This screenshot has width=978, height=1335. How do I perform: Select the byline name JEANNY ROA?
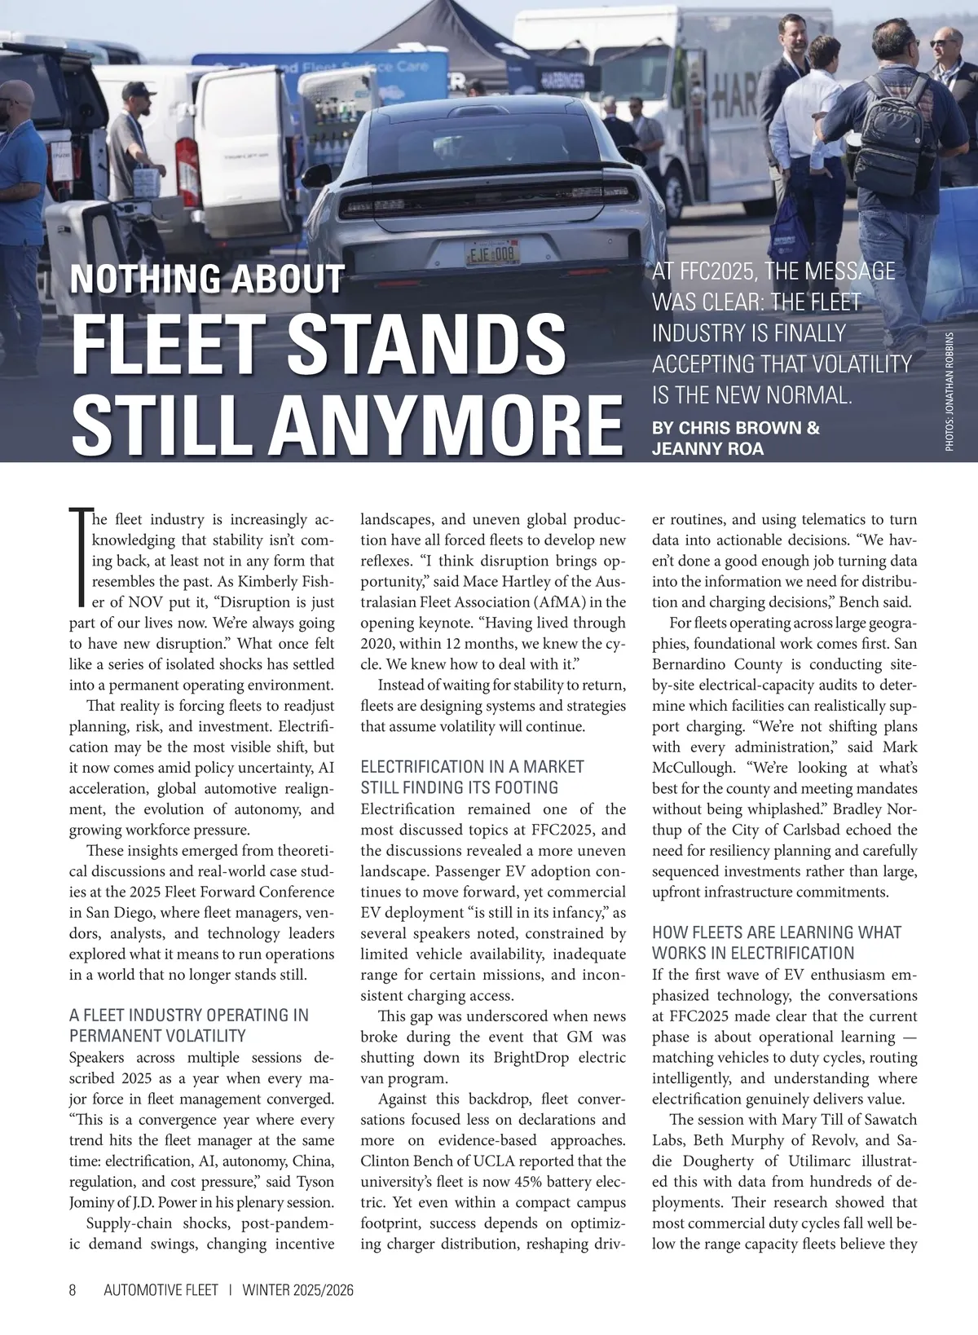(x=707, y=448)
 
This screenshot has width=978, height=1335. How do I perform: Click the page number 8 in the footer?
(x=73, y=1290)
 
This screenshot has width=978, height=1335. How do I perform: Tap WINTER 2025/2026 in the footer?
(x=297, y=1290)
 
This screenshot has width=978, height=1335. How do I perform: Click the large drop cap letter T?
(x=79, y=558)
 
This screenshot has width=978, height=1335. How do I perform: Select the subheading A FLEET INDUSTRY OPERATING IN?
(x=189, y=1015)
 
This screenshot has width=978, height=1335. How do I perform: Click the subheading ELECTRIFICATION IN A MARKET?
(x=472, y=766)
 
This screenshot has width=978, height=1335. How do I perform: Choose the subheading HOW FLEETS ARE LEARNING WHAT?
(x=776, y=932)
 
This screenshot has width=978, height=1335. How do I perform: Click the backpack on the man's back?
(x=894, y=126)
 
